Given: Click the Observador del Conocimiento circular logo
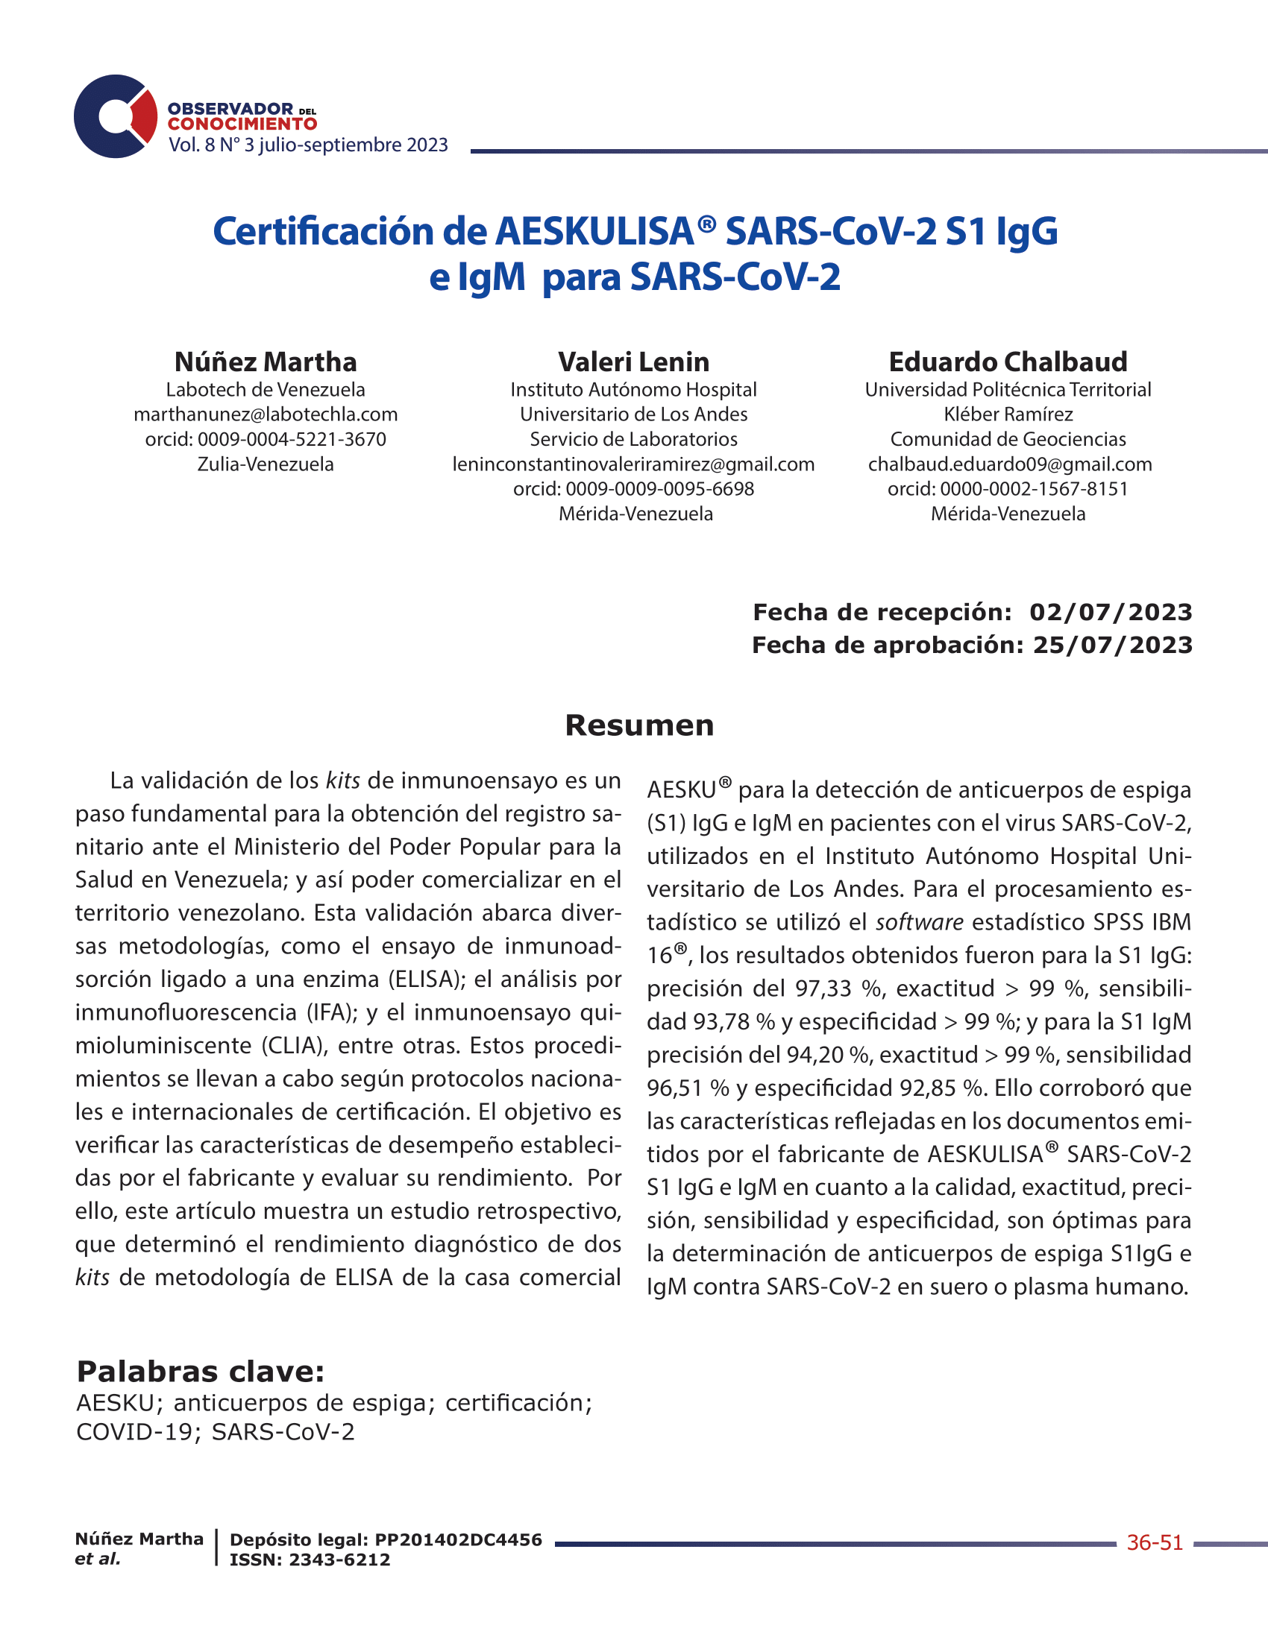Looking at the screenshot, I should (x=115, y=116).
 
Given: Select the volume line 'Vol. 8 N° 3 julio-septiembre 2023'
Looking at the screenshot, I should (x=308, y=145).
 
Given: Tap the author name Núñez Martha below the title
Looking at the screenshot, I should (x=266, y=362).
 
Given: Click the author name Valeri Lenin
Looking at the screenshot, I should (x=633, y=362).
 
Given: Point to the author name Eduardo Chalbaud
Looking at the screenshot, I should (x=1008, y=362).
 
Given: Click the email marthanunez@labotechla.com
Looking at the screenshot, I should (x=266, y=414).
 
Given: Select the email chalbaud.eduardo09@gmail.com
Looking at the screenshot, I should (x=1010, y=464).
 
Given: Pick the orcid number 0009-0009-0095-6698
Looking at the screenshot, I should (x=659, y=489).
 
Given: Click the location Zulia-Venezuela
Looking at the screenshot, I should (x=266, y=464).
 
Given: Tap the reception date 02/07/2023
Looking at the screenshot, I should (x=1111, y=612).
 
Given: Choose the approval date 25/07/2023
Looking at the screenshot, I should (x=1113, y=645).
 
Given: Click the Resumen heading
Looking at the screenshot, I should (x=639, y=725).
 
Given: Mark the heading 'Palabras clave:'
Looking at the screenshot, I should (x=201, y=1372).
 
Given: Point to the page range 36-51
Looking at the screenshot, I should (x=1155, y=1543).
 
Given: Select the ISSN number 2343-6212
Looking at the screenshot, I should (x=339, y=1559).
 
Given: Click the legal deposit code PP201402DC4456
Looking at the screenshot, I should (x=458, y=1540).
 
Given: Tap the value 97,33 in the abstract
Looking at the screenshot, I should (x=823, y=988).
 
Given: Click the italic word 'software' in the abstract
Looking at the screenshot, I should (x=920, y=922).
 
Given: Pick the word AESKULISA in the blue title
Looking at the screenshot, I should (x=594, y=231).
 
